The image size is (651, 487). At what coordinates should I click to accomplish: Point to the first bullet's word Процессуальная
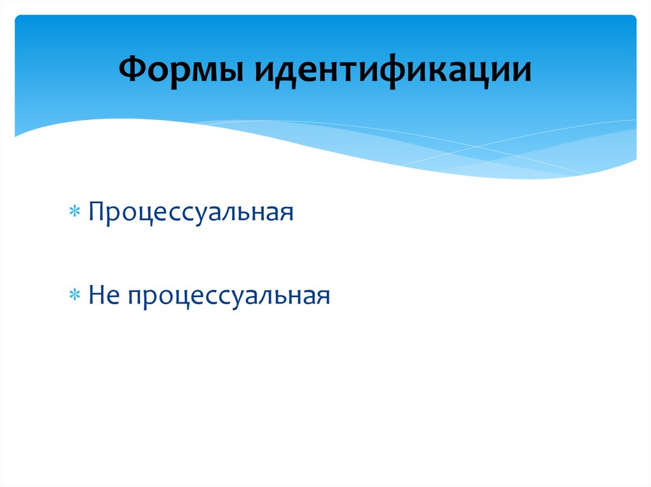191,211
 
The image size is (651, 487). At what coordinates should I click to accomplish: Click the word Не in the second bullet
104,295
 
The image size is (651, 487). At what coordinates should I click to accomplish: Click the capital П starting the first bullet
97,211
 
